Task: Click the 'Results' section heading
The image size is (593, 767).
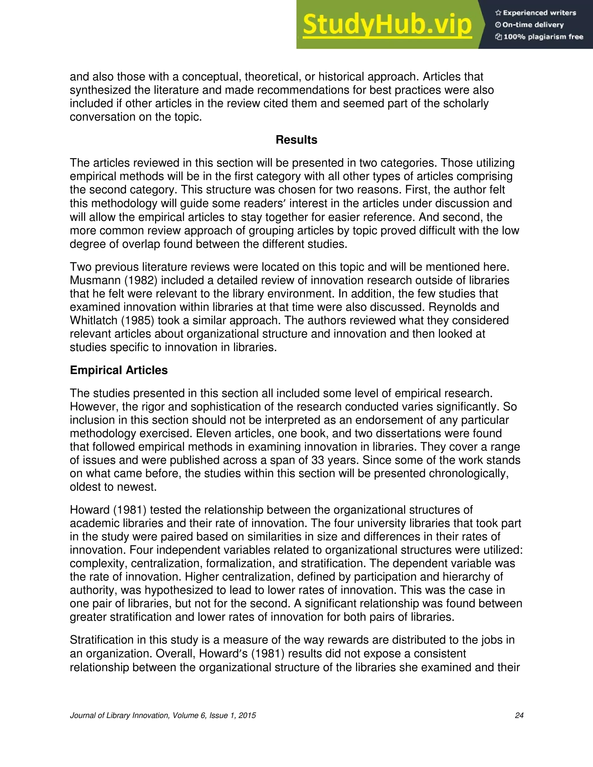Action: tap(296, 140)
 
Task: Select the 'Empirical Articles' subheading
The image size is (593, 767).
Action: tap(119, 370)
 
